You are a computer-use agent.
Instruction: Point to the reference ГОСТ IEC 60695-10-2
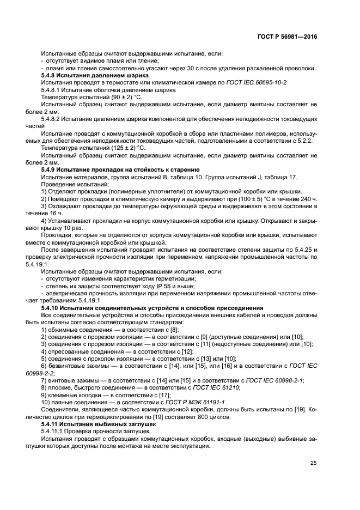(255, 82)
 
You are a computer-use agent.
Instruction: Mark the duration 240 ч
(307, 199)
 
